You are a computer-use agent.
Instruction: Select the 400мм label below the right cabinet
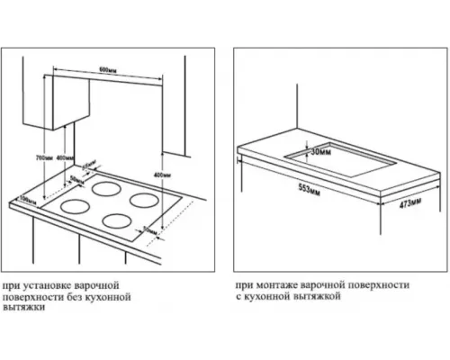162,175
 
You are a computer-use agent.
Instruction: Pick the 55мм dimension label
88,166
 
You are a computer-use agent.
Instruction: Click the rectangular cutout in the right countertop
342,160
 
